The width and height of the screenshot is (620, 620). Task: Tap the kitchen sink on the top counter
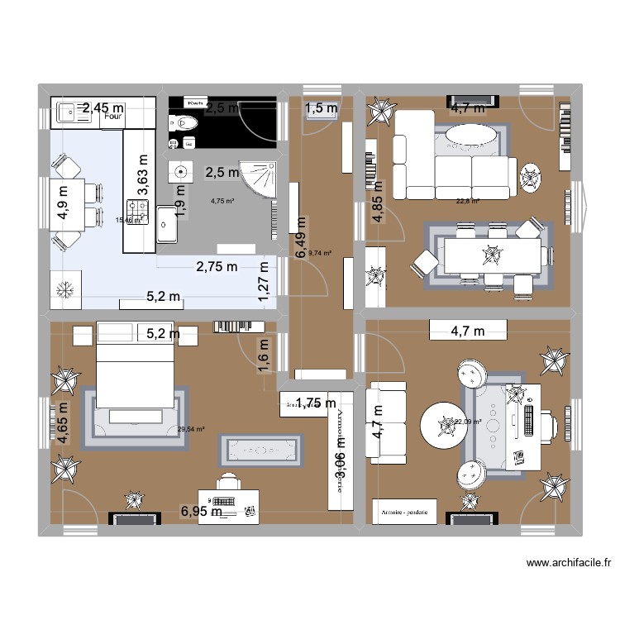pyautogui.click(x=68, y=115)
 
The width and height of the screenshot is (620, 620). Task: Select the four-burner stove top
pyautogui.click(x=137, y=212)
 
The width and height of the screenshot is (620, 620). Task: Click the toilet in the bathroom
pyautogui.click(x=184, y=123)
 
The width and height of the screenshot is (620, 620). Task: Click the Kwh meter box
pyautogui.click(x=196, y=103)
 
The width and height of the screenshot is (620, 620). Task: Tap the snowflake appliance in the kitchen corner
pyautogui.click(x=63, y=291)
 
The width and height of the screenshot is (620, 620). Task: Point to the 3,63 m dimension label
pyautogui.click(x=143, y=171)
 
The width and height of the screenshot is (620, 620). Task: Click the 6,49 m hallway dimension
pyautogui.click(x=302, y=240)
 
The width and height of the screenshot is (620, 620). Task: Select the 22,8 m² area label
pyautogui.click(x=467, y=200)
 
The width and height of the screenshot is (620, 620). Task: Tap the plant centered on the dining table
pyautogui.click(x=493, y=254)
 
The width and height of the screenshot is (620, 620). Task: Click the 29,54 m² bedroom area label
pyautogui.click(x=191, y=429)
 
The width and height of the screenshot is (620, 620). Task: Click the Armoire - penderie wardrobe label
pyautogui.click(x=405, y=513)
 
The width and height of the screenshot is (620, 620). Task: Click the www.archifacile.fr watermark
pyautogui.click(x=569, y=564)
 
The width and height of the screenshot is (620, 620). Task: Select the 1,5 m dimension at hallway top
pyautogui.click(x=322, y=107)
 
